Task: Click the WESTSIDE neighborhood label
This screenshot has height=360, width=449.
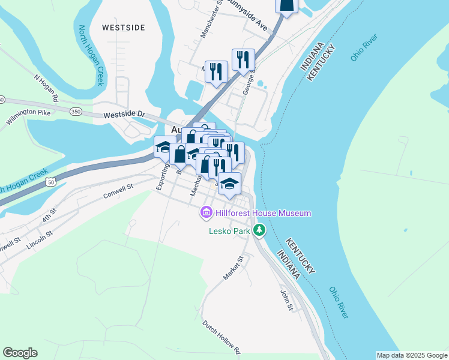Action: point(123,28)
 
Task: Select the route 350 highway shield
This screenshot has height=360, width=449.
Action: point(76,111)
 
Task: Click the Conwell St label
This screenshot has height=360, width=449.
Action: point(118,191)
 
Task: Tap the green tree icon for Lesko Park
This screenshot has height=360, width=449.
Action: point(259,230)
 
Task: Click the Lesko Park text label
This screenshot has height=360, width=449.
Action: point(229,230)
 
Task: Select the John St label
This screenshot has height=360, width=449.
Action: point(286,300)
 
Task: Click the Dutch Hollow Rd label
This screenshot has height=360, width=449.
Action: point(221,337)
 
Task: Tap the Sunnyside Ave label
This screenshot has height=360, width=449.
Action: point(248,18)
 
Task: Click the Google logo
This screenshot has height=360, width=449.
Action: point(20,353)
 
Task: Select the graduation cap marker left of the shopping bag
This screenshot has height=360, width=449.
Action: point(164,146)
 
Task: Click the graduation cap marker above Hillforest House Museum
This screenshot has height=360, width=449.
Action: point(229,184)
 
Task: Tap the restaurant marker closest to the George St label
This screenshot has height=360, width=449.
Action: point(243,59)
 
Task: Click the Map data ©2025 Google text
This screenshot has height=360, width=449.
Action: point(412,355)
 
